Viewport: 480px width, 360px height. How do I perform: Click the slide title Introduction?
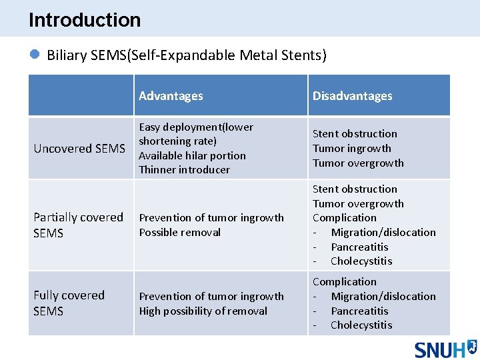(x=85, y=20)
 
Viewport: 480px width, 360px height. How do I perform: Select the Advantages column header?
(x=171, y=96)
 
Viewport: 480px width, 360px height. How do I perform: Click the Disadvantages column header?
(x=352, y=96)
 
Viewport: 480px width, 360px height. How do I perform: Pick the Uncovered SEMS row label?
(x=79, y=148)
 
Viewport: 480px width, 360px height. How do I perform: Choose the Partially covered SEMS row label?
(x=78, y=225)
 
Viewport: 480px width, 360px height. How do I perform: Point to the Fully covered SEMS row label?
(x=69, y=303)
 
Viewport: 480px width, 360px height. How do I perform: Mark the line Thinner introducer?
(x=184, y=170)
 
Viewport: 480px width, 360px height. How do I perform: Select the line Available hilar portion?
(x=192, y=155)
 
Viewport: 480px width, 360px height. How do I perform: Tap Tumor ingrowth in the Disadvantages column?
(x=352, y=148)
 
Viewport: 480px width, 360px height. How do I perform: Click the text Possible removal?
(x=179, y=232)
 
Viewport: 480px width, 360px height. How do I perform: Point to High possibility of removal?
(x=203, y=311)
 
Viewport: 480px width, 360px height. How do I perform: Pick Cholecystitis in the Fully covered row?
(x=361, y=325)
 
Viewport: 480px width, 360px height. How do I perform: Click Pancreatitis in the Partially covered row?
(x=359, y=247)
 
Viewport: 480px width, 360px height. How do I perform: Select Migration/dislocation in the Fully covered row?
(x=383, y=296)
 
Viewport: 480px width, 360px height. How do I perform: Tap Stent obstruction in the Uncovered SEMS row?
(x=355, y=133)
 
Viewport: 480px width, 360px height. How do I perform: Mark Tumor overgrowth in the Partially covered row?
(x=358, y=203)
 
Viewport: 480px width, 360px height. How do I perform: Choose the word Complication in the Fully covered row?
(x=344, y=281)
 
